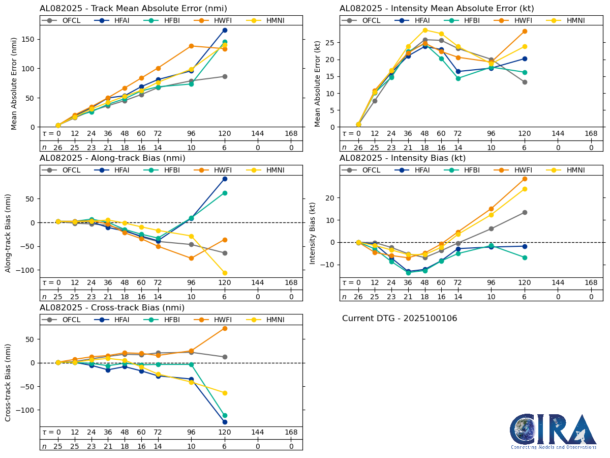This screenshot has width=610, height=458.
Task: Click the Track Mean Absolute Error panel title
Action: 133,8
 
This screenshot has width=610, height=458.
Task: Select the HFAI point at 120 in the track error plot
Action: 225,30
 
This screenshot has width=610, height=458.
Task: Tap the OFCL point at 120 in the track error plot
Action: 225,76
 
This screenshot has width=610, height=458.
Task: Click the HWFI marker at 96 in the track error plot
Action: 191,46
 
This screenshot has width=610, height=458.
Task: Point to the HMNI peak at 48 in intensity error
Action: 425,30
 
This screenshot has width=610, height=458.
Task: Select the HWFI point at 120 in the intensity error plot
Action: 525,31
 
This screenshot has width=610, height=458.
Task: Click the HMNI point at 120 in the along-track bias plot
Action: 225,273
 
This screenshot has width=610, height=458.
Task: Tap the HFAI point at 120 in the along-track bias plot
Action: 225,179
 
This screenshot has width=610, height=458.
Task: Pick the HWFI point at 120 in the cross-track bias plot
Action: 225,328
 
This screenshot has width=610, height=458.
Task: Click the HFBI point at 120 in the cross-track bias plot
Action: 225,415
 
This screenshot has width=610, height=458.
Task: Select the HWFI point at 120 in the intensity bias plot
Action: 525,179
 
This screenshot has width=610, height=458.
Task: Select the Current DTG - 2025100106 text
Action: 400,319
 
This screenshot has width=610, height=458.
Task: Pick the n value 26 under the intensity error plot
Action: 358,148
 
